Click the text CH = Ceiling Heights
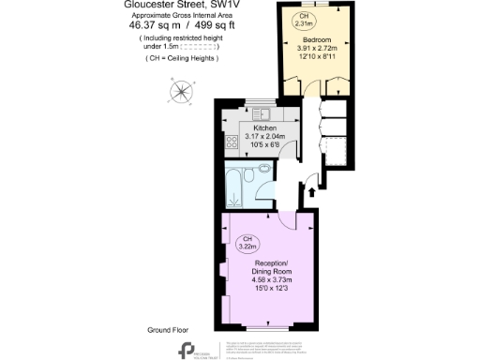(x=183, y=59)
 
